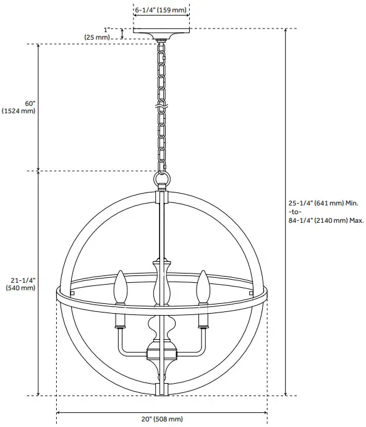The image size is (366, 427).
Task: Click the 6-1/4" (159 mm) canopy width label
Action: (162, 10)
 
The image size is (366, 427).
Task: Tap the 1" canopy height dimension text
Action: (107, 29)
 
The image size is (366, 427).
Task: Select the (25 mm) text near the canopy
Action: (97, 37)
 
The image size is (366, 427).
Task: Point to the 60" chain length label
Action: (30, 103)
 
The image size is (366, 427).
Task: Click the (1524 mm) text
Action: (19, 111)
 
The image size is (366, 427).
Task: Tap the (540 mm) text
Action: (20, 288)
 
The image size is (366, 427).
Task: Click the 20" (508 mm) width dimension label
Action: (162, 419)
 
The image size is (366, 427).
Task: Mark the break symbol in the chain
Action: (162, 110)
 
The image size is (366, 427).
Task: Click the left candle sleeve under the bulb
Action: (121, 320)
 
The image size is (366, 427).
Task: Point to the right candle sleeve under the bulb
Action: (202, 320)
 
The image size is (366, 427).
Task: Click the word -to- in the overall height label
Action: (296, 211)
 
